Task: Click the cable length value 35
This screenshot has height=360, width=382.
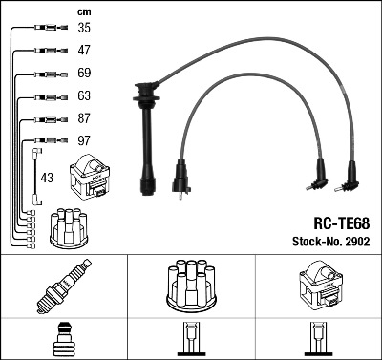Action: point(84,28)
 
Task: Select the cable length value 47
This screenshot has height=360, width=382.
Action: point(84,50)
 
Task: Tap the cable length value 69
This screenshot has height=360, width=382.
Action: point(84,73)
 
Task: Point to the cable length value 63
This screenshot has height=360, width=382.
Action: point(84,96)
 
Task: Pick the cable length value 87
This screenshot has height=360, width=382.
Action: point(84,118)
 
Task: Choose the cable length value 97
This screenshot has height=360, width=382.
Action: point(84,141)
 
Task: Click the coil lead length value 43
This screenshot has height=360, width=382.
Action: point(47,178)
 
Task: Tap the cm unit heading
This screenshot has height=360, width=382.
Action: point(84,12)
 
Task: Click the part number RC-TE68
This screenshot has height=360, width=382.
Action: point(341,223)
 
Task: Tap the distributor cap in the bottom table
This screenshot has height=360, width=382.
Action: point(191,285)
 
